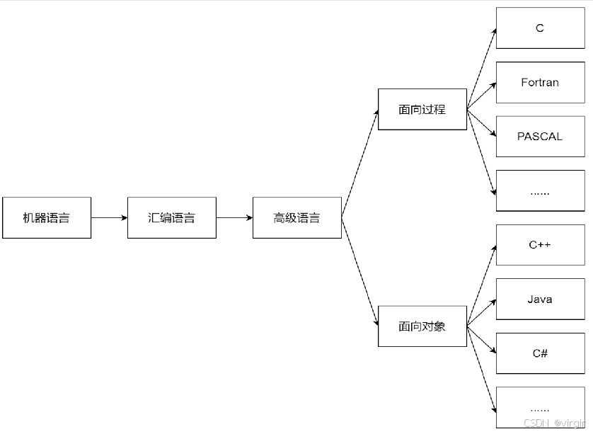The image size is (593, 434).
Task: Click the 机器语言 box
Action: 47,217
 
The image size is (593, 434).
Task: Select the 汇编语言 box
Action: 172,217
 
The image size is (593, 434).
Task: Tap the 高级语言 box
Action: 297,217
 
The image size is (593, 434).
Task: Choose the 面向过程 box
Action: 422,109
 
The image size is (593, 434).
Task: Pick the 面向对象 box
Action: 422,326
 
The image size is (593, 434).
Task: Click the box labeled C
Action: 540,28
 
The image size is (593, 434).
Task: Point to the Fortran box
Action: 540,82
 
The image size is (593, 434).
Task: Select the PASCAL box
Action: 540,136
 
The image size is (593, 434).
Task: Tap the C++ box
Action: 540,245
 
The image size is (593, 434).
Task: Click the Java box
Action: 540,299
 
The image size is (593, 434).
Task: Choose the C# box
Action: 540,353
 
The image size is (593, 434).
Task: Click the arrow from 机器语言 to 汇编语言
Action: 109,217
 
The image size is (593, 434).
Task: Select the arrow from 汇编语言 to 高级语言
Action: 234,217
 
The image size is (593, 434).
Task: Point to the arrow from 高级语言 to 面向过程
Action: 359,164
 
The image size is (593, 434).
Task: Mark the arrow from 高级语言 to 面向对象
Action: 359,271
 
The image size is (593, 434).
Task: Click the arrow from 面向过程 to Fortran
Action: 481,96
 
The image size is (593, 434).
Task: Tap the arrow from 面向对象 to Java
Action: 481,313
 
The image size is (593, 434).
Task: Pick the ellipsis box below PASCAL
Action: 540,190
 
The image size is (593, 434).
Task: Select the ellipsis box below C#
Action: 540,407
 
